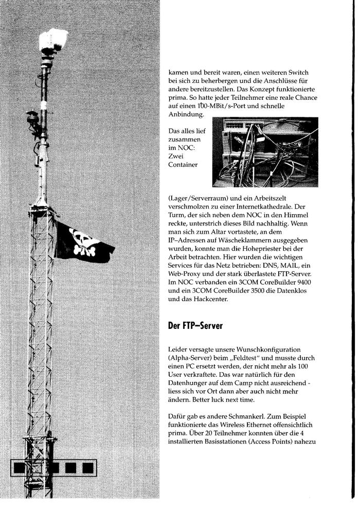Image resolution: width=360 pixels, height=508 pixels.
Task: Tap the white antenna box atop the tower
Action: (x=54, y=40)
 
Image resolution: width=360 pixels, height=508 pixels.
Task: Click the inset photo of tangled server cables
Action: (x=265, y=152)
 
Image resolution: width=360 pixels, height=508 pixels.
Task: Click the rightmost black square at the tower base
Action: (x=88, y=467)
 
